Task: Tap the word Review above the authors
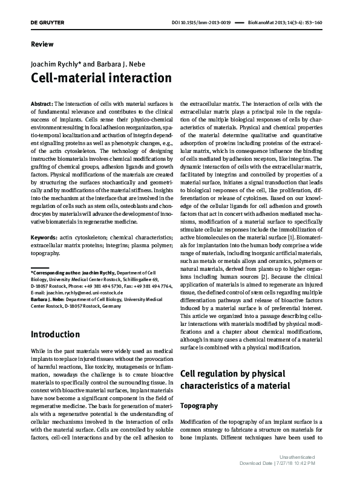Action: [x=42, y=44]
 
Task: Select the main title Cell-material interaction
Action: [x=100, y=79]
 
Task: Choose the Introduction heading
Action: [x=55, y=334]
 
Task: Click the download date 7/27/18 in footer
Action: [x=287, y=464]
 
